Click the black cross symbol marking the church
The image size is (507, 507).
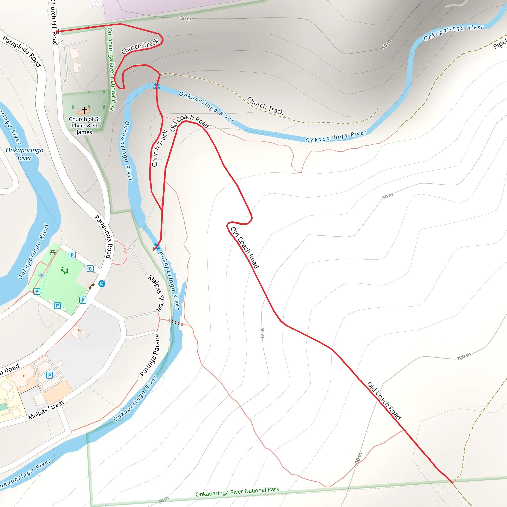84,111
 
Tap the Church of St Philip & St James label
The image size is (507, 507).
84,126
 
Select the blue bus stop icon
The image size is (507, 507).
101,284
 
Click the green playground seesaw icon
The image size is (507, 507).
65,270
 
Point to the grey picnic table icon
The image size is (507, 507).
53,252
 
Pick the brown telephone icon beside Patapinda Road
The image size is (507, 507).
91,286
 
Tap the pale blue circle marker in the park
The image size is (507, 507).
41,275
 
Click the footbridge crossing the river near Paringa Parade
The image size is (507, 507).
179,323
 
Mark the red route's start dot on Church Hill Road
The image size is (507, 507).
57,32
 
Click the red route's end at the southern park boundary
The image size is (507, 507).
452,482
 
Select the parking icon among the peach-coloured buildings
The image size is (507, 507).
49,375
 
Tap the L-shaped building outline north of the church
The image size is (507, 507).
77,67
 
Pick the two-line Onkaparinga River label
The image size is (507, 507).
25,154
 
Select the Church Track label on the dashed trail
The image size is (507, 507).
265,106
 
